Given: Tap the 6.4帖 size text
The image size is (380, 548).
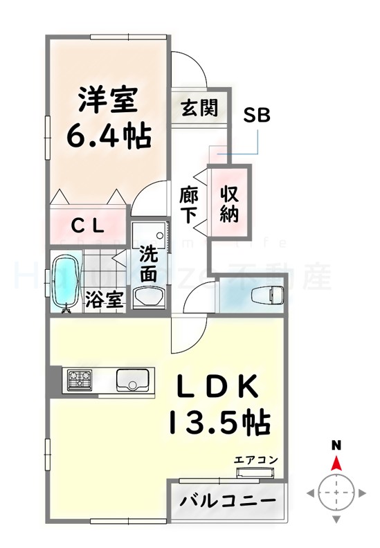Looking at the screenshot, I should coord(109,136).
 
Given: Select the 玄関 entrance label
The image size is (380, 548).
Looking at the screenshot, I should coord(200,108).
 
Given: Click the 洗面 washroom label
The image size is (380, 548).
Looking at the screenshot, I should coord(148,263).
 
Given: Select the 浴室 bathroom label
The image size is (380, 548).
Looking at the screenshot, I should coord(105,300).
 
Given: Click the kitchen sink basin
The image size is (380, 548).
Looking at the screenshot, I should coord(132,379).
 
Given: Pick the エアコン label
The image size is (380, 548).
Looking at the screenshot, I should coord(255,459).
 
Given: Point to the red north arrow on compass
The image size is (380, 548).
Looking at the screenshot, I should coord(336,463).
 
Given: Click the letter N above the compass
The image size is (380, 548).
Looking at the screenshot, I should coord(336,445).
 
